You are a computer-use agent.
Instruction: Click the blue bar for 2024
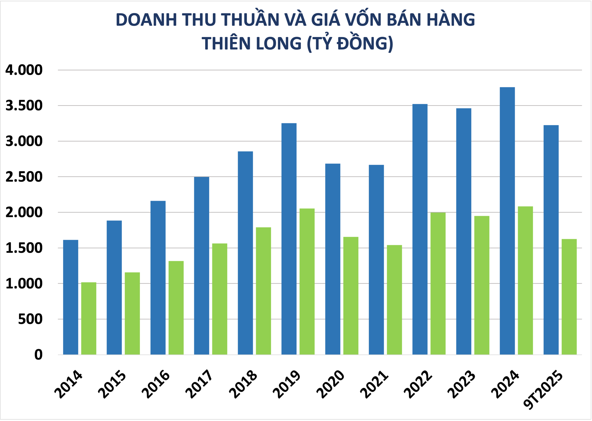click(x=507, y=221)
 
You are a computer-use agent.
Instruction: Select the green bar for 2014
click(x=89, y=318)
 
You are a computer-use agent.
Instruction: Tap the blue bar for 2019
click(x=289, y=239)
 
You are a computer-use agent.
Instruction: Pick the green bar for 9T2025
click(x=569, y=297)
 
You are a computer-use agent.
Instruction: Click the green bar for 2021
click(x=394, y=300)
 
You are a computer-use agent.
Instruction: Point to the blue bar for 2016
click(x=158, y=278)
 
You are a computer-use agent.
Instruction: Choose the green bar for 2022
click(x=438, y=283)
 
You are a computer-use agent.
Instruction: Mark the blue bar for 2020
click(x=333, y=259)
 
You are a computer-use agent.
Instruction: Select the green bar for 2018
click(x=263, y=291)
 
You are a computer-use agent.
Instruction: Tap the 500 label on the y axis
click(x=30, y=319)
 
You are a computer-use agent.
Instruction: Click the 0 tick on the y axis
click(x=38, y=355)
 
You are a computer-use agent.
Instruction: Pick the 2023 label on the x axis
click(x=462, y=384)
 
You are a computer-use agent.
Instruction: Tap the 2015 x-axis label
click(x=112, y=384)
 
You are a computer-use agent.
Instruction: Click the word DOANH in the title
click(x=146, y=20)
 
